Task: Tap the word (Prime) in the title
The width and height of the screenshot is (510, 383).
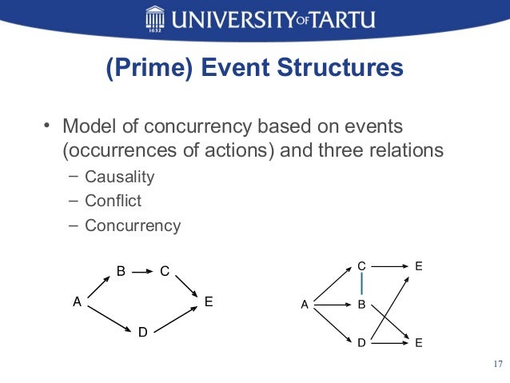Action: pos(142,69)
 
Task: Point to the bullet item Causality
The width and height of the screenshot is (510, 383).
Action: pos(120,177)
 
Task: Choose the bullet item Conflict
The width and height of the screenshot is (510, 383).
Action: pos(113,201)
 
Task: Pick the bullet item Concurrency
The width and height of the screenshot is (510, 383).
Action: pos(133,225)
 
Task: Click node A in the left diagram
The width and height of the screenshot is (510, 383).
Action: pos(77,302)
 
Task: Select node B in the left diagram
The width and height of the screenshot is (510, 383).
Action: pos(121,271)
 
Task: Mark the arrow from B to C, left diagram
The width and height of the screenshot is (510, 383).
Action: pos(142,272)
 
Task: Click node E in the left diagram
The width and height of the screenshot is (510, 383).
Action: pos(209,302)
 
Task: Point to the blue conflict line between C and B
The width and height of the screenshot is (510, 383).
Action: pos(361,283)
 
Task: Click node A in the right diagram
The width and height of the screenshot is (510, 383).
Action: pos(304,305)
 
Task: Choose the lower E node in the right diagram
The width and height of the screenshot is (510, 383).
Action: pos(419,343)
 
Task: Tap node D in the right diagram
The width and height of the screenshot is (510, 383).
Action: pos(361,343)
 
